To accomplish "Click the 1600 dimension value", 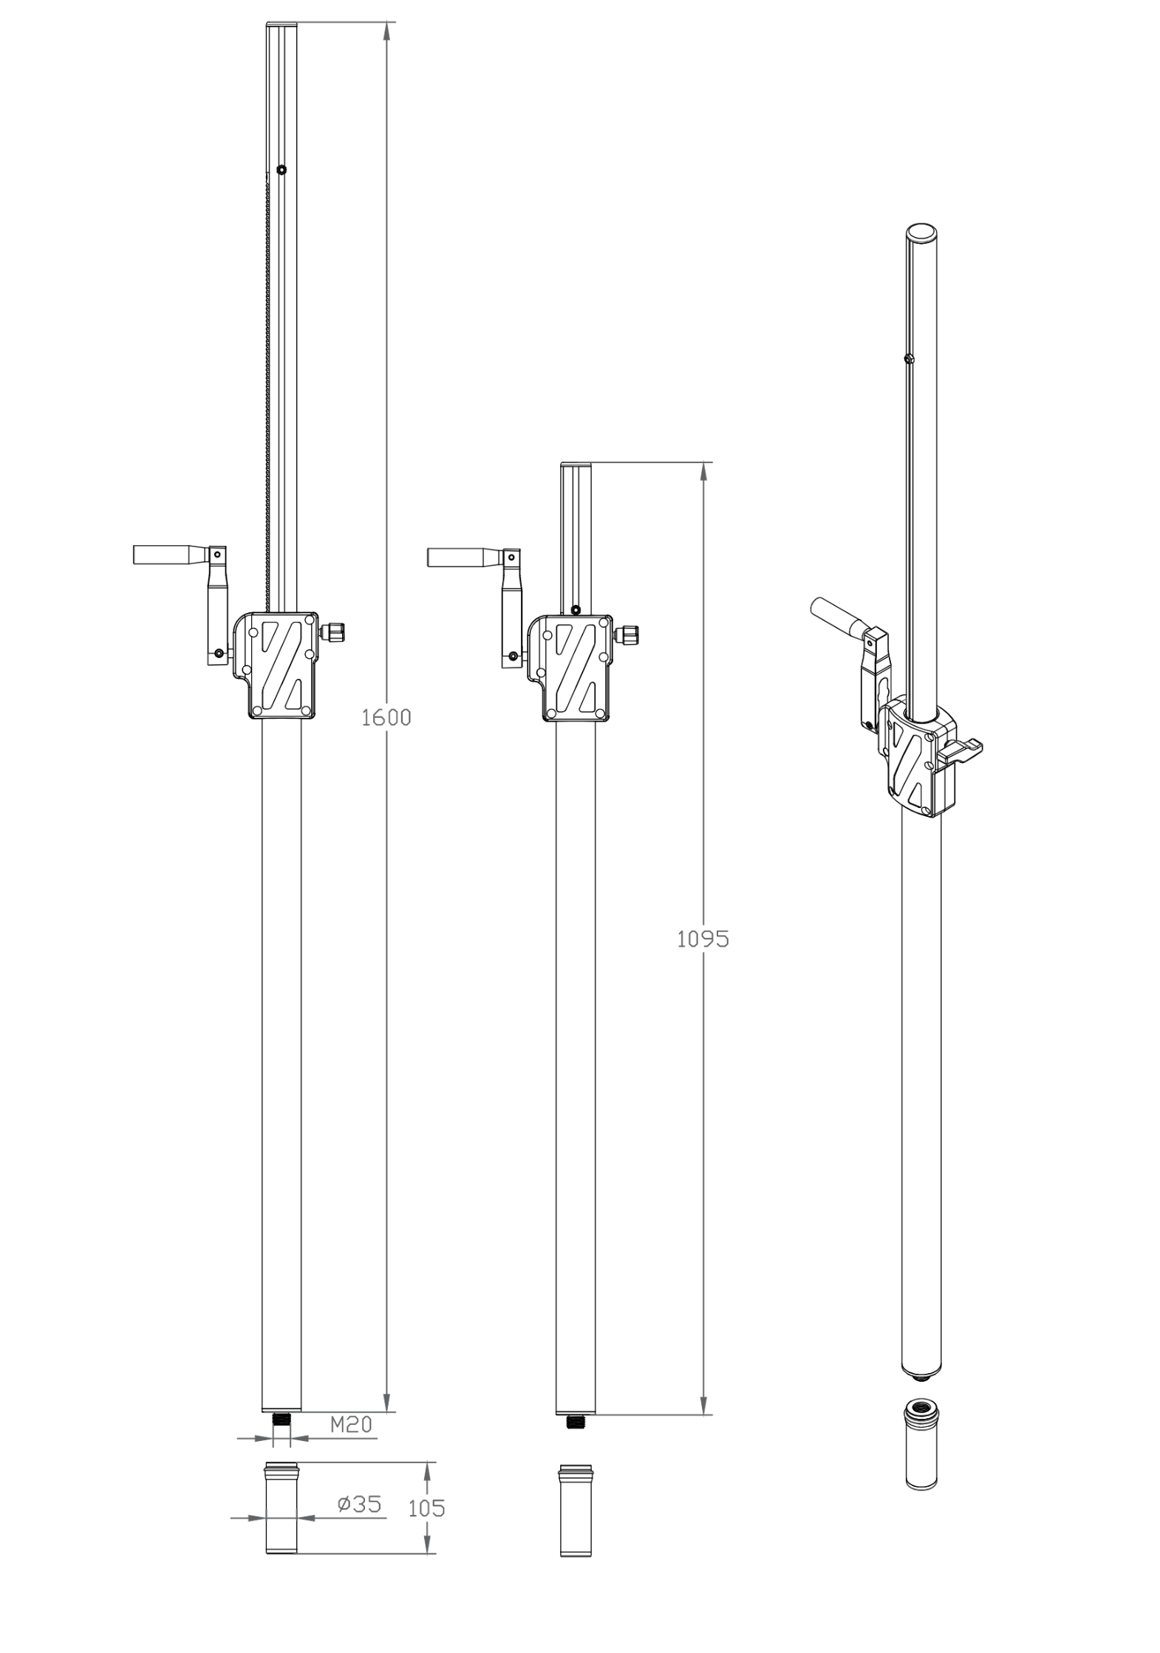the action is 386,716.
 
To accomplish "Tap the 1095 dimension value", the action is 703,940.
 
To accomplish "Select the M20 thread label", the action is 350,1424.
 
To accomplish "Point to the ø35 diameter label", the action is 360,1504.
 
